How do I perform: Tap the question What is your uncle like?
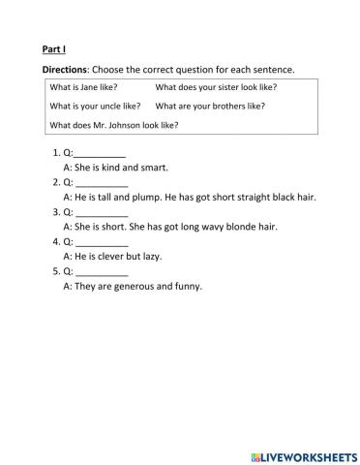coord(94,106)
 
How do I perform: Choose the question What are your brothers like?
coord(209,106)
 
